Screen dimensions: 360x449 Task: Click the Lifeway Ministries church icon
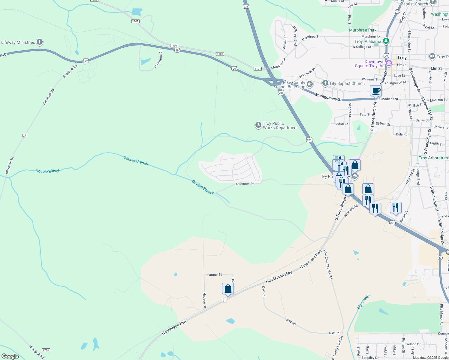(x=39, y=42)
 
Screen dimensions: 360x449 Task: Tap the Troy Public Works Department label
(x=280, y=125)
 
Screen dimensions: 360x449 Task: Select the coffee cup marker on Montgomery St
(x=376, y=91)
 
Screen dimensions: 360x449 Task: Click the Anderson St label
(x=244, y=184)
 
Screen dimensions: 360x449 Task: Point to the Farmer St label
(x=215, y=274)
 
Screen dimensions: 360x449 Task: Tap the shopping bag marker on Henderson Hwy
(x=228, y=289)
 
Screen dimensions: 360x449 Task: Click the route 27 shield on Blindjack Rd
(x=25, y=136)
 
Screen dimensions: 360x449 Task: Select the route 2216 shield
(x=46, y=350)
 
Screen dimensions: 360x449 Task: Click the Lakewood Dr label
(x=158, y=59)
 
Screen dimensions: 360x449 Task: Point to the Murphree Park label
(x=363, y=30)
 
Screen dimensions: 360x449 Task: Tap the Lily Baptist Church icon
(x=325, y=83)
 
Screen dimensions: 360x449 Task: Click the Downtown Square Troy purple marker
(x=389, y=63)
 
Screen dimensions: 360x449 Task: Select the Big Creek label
(x=363, y=302)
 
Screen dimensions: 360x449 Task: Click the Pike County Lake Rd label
(x=328, y=264)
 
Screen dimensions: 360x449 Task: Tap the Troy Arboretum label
(x=433, y=158)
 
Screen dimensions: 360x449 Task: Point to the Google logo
(x=10, y=356)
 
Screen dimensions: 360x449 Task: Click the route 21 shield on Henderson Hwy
(x=224, y=300)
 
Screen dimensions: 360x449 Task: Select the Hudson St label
(x=204, y=300)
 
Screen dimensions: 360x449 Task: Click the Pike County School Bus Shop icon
(x=310, y=85)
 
